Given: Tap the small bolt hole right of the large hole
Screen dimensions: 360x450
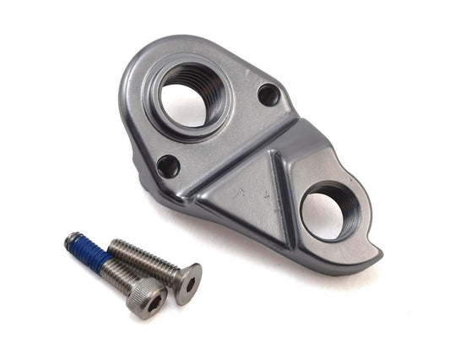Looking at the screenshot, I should point(268,95).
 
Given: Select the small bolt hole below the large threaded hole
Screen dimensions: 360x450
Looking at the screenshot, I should point(168,165).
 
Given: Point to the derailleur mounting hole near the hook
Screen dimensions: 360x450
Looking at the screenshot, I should point(331,211).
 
